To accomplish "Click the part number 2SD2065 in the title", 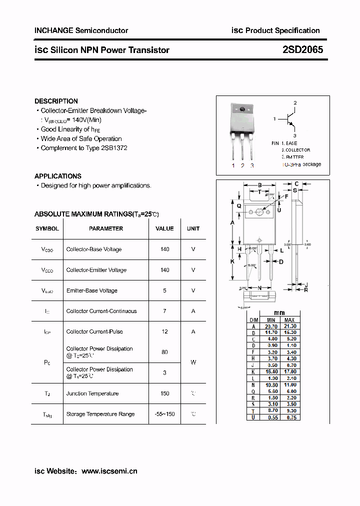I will point(303,49).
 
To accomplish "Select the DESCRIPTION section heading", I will point(56,101).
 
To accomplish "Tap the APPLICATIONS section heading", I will point(57,176).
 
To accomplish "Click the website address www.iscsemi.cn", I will point(109,471).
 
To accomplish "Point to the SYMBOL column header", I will point(47,228).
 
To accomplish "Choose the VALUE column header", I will point(164,228).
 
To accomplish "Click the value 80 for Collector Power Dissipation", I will point(164,352).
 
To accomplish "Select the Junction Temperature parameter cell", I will point(92,393).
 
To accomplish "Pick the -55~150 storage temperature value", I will point(164,414).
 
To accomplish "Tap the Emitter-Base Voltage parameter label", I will point(91,290).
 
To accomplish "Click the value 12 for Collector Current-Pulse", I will point(164,331).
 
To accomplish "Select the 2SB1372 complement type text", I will point(113,148).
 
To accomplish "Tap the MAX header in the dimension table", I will point(289,320).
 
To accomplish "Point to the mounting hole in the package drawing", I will point(259,211).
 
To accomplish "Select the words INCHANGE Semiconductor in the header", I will point(81,30).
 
